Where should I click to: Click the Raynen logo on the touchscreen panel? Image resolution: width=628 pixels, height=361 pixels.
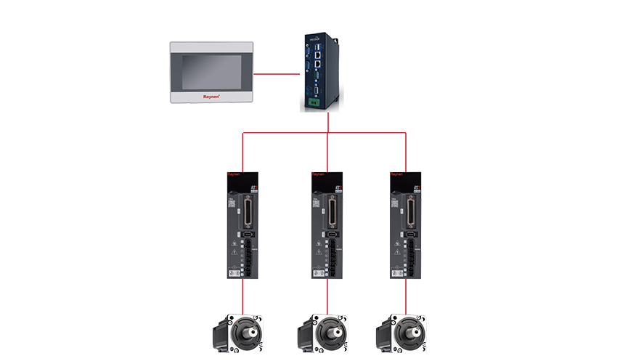tap(210, 95)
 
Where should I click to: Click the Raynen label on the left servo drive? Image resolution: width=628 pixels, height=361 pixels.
tap(235, 175)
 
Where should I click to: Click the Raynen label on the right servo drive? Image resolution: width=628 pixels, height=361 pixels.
tap(396, 175)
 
